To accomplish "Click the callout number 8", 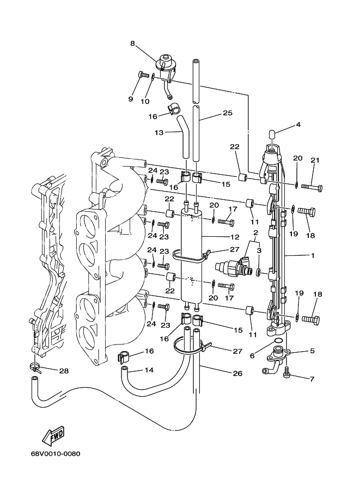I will click(132, 43).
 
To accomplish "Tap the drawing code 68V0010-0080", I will click(56, 455).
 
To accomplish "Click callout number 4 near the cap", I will click(298, 125).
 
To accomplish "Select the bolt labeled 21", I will click(312, 188).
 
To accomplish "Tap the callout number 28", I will click(64, 371).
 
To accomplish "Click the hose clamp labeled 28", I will click(35, 367).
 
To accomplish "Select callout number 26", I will click(237, 373).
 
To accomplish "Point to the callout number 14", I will click(149, 371).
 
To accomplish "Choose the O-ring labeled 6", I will click(277, 341).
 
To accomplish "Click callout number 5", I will click(312, 351).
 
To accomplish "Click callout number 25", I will click(227, 113).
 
